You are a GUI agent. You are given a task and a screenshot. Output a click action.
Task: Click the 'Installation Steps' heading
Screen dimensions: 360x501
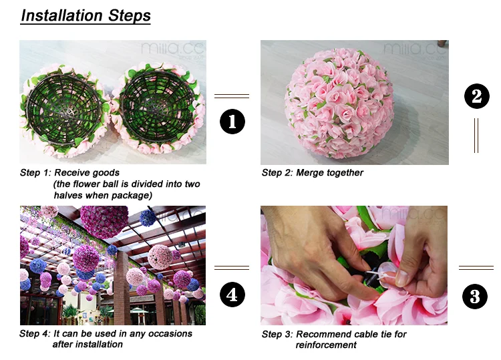86,15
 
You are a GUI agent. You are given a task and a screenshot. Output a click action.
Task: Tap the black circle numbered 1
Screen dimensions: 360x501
232,122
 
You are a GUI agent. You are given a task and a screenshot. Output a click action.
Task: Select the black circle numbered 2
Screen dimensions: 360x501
476,97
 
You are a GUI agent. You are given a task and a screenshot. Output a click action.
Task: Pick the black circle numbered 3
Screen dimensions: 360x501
475,296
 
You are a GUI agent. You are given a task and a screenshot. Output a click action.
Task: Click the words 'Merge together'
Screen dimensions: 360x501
331,173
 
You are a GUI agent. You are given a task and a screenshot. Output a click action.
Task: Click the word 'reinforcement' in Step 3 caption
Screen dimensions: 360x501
326,345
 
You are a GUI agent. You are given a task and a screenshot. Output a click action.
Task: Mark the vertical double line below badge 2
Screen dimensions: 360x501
476,136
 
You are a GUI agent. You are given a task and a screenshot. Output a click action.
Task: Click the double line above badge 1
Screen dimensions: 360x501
231,96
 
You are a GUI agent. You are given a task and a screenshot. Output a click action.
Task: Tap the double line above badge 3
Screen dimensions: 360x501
476,268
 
